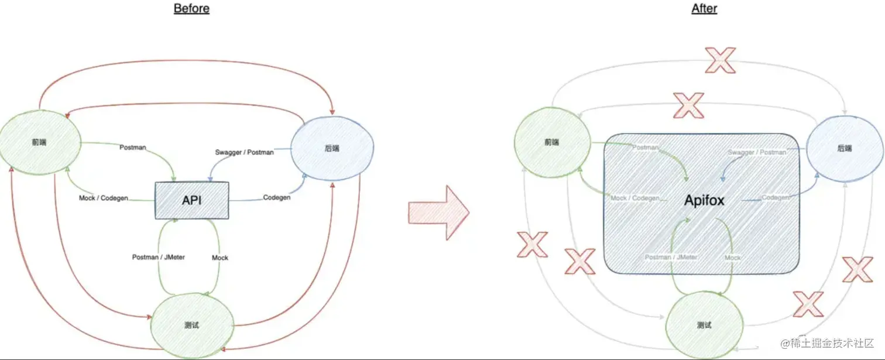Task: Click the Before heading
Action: coord(191,9)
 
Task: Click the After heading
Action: coord(704,9)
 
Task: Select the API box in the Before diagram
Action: coord(192,200)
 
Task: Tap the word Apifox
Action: coord(704,201)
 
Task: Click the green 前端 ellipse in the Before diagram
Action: coord(40,142)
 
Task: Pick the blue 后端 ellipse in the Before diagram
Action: coord(331,148)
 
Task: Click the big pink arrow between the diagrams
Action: coord(438,212)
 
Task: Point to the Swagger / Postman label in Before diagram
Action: coord(245,152)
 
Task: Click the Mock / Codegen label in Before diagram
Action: coord(104,198)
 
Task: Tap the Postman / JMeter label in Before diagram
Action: coord(159,257)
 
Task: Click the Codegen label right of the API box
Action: coord(277,197)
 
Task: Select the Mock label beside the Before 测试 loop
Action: coord(219,258)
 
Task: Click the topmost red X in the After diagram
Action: coord(720,60)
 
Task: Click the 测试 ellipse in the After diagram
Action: coord(705,325)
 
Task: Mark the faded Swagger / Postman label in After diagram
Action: coord(757,152)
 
